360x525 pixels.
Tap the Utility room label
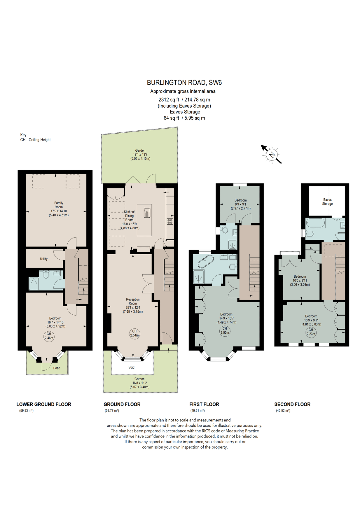(44, 259)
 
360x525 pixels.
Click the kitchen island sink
(147, 213)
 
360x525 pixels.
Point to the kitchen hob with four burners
(170, 221)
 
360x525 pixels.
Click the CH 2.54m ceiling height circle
(134, 333)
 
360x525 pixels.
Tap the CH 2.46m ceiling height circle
(49, 336)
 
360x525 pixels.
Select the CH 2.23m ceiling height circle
(311, 332)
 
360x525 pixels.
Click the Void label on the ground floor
(132, 367)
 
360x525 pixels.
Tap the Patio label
(57, 368)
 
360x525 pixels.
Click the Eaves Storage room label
(327, 202)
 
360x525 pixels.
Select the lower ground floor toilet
(46, 274)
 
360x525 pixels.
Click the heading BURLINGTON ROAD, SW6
(184, 83)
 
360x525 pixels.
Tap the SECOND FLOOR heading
(292, 404)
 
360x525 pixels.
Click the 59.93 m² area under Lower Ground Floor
(26, 411)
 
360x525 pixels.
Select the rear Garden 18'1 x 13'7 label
(140, 155)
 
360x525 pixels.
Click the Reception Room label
(133, 305)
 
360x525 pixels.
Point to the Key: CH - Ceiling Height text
(35, 137)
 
